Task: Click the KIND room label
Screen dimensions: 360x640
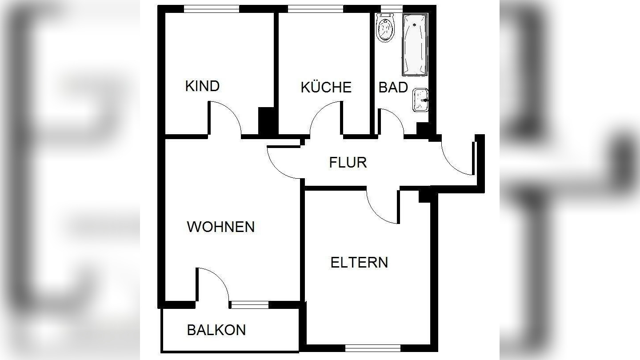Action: (202, 86)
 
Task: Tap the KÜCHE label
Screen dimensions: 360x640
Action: (326, 87)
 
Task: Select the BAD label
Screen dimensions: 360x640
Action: (393, 87)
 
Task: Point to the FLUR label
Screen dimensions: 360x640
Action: (348, 163)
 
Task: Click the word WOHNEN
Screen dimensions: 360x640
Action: (220, 227)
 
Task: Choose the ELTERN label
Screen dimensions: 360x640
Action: (359, 262)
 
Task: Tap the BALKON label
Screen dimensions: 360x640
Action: (216, 330)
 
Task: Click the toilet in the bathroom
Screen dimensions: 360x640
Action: (385, 27)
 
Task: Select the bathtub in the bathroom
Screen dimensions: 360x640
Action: (415, 44)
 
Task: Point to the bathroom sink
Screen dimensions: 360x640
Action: (420, 100)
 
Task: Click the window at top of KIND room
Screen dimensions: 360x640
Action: (212, 8)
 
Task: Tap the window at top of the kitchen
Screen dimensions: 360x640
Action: (315, 8)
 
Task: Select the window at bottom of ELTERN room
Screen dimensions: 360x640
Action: (372, 348)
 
